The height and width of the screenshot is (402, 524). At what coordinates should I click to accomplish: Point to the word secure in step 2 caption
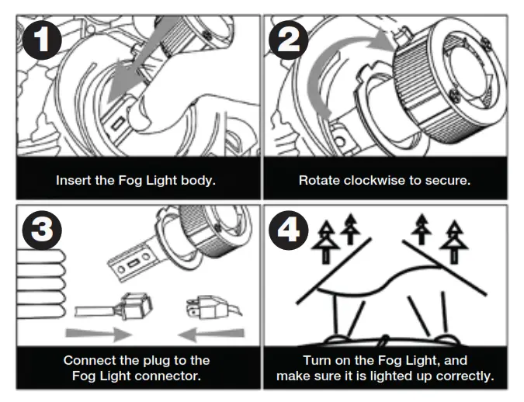[x=446, y=180]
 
